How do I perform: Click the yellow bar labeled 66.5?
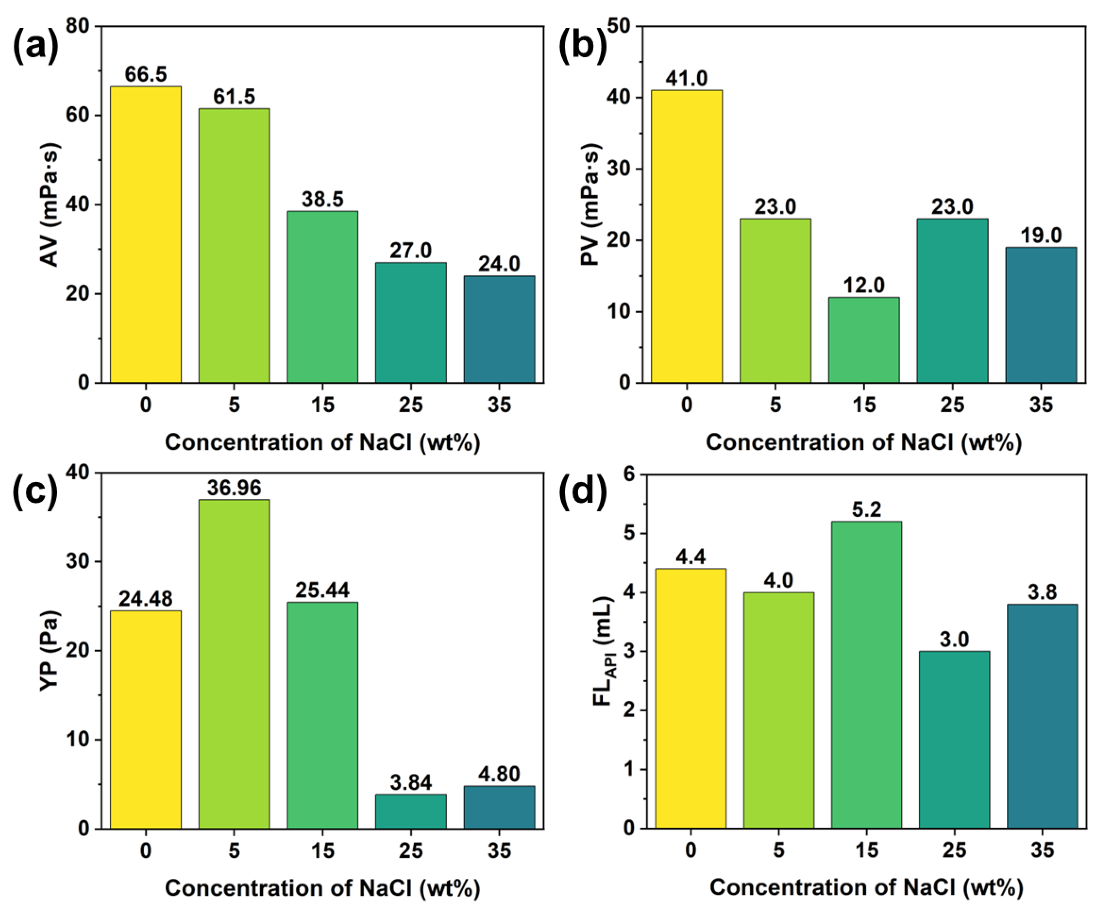point(146,235)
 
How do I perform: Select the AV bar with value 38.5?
point(323,297)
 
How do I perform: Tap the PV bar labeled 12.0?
point(864,340)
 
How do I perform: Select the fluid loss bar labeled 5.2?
point(867,675)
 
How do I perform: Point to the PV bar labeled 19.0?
point(1041,315)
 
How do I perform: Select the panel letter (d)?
point(583,492)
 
